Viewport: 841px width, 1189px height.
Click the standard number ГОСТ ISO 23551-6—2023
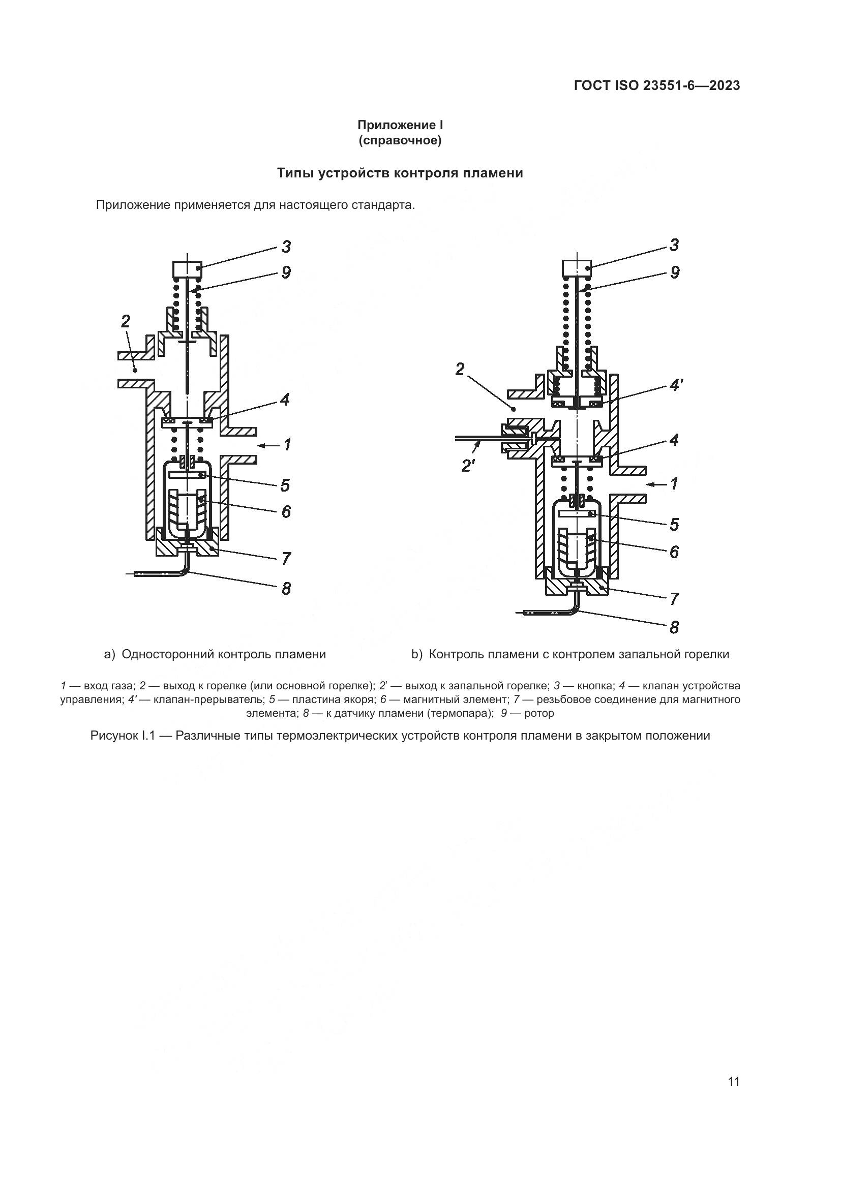(656, 85)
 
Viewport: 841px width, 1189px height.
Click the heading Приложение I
(400, 126)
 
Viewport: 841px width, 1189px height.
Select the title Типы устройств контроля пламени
(400, 173)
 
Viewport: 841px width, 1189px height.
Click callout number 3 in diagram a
(286, 247)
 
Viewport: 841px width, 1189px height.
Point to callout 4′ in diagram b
(676, 386)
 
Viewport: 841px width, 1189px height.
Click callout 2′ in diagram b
(468, 466)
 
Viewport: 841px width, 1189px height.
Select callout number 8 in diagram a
(286, 589)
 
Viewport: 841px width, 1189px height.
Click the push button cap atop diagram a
(187, 269)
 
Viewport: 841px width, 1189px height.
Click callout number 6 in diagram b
(674, 552)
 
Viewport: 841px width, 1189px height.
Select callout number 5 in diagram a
(285, 485)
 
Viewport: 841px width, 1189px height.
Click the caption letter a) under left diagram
(109, 655)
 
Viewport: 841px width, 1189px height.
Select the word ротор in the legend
(539, 713)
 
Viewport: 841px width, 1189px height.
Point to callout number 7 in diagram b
(674, 599)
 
